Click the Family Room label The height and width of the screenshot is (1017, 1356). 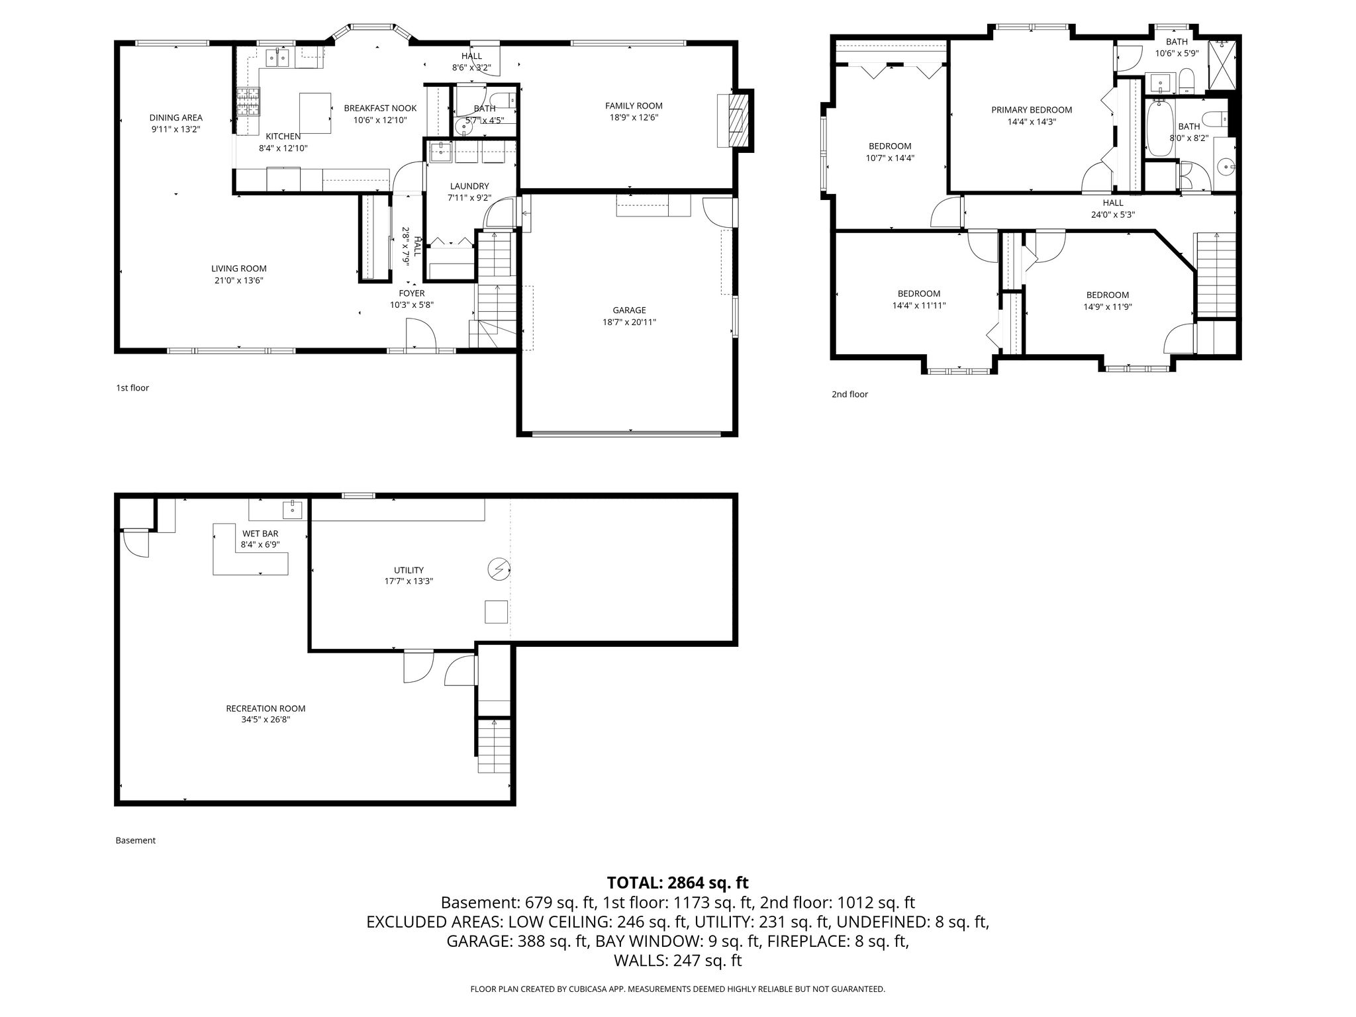pos(634,106)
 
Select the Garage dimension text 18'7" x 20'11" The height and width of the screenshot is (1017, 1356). pos(629,322)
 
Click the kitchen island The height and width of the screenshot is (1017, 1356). pos(315,114)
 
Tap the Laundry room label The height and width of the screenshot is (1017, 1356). pos(469,187)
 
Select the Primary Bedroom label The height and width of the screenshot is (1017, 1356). pos(1032,110)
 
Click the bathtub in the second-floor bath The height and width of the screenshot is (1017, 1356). pos(1159,128)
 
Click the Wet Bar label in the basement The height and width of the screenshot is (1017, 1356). pos(260,534)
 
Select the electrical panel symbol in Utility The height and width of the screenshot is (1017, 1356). pos(498,569)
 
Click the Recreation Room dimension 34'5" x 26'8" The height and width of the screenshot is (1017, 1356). pos(266,720)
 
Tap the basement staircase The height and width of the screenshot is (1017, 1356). pos(494,746)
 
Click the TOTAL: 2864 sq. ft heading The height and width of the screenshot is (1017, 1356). pos(677,883)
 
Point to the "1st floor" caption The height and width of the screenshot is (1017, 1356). pos(132,388)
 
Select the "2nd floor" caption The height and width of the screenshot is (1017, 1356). pos(849,395)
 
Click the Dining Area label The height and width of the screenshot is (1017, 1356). pos(175,118)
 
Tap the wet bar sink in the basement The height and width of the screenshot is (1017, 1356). pos(292,509)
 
